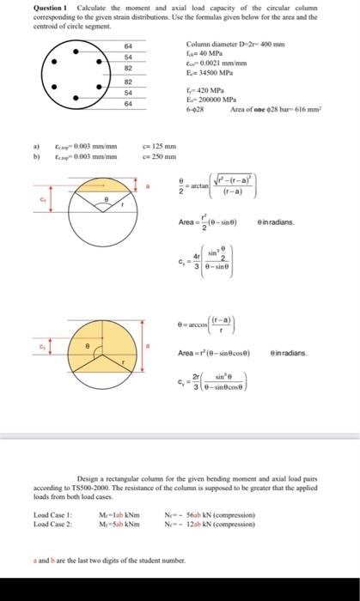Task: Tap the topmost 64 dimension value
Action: click(x=128, y=46)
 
